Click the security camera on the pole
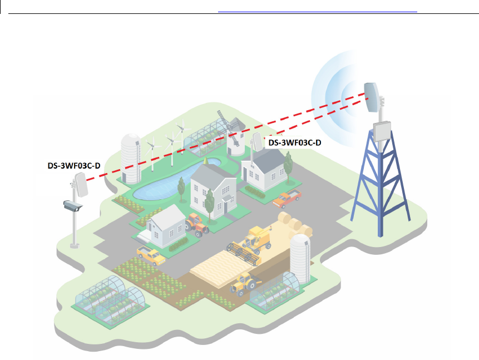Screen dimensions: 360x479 73,206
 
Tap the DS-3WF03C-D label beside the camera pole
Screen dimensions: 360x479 73,165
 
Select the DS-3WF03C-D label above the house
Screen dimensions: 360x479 294,143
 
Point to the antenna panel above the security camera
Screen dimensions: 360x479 80,185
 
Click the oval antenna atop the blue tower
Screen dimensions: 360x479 371,97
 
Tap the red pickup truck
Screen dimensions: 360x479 287,198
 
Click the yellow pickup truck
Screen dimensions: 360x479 151,255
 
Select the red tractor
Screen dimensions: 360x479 196,224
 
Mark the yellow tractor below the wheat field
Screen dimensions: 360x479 244,284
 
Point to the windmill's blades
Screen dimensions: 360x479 223,120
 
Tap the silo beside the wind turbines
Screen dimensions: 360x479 131,158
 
